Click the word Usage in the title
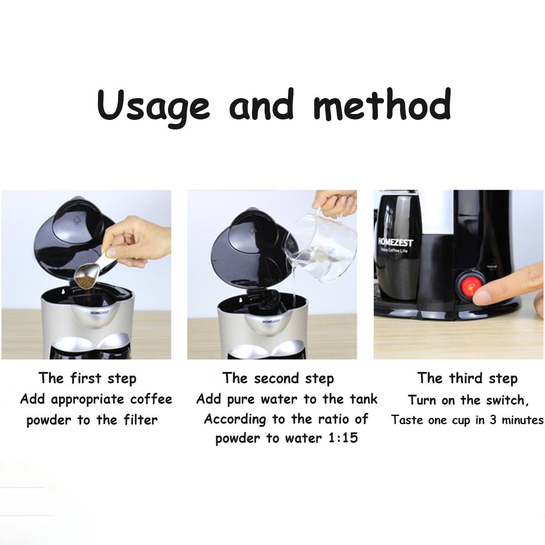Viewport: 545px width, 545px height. point(153,106)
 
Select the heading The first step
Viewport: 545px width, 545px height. point(87,378)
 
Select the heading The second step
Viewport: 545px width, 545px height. point(278,378)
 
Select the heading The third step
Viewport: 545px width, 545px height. point(467,378)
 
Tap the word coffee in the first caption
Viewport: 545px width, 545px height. point(151,400)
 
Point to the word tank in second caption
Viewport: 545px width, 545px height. point(363,400)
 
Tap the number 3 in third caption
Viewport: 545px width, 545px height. point(493,420)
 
